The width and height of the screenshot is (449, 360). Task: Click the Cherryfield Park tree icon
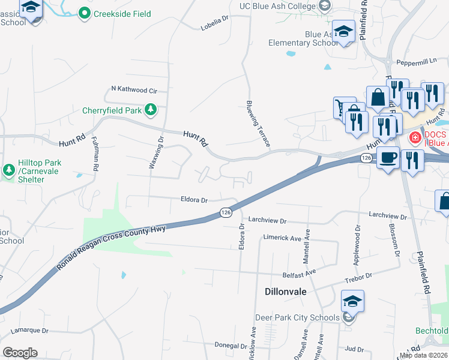click(151, 110)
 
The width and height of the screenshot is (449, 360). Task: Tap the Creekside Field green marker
click(85, 13)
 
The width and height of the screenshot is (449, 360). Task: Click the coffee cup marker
click(388, 157)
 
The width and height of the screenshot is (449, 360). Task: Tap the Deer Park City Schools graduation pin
click(352, 301)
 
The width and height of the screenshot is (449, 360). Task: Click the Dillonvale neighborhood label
click(286, 292)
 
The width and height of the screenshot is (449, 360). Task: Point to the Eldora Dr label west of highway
click(194, 200)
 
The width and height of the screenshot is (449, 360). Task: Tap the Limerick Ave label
click(282, 238)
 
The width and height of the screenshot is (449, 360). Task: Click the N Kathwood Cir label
click(134, 91)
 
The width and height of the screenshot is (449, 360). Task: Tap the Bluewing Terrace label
click(258, 124)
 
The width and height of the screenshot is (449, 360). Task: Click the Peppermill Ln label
click(417, 61)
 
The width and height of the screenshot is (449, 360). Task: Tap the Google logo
click(20, 353)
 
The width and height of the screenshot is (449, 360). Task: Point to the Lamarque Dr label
click(29, 331)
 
